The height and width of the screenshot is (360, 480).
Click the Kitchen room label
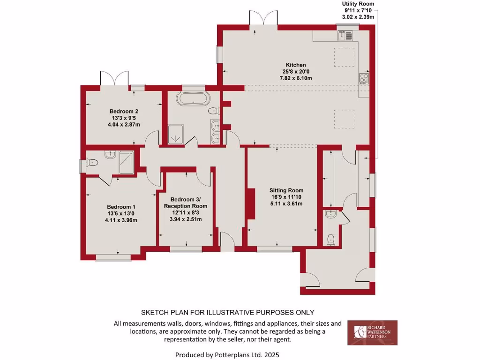click(x=296, y=65)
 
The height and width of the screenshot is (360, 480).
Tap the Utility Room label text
click(x=358, y=4)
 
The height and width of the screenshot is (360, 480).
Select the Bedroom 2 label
click(x=124, y=111)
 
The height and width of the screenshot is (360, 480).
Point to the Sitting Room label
click(x=286, y=190)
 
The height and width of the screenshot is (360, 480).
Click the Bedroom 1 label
click(x=121, y=207)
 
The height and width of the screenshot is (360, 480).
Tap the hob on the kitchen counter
click(x=364, y=78)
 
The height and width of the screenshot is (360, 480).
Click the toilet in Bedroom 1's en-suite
click(x=91, y=163)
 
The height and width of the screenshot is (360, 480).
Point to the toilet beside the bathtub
click(x=214, y=111)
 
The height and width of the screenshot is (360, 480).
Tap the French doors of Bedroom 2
click(x=114, y=78)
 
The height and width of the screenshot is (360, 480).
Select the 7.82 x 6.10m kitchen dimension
click(x=296, y=78)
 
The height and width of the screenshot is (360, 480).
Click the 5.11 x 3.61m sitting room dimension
click(x=286, y=203)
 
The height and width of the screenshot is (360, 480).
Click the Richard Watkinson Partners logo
click(x=372, y=332)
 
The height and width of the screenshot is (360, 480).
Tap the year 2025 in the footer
click(x=273, y=355)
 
